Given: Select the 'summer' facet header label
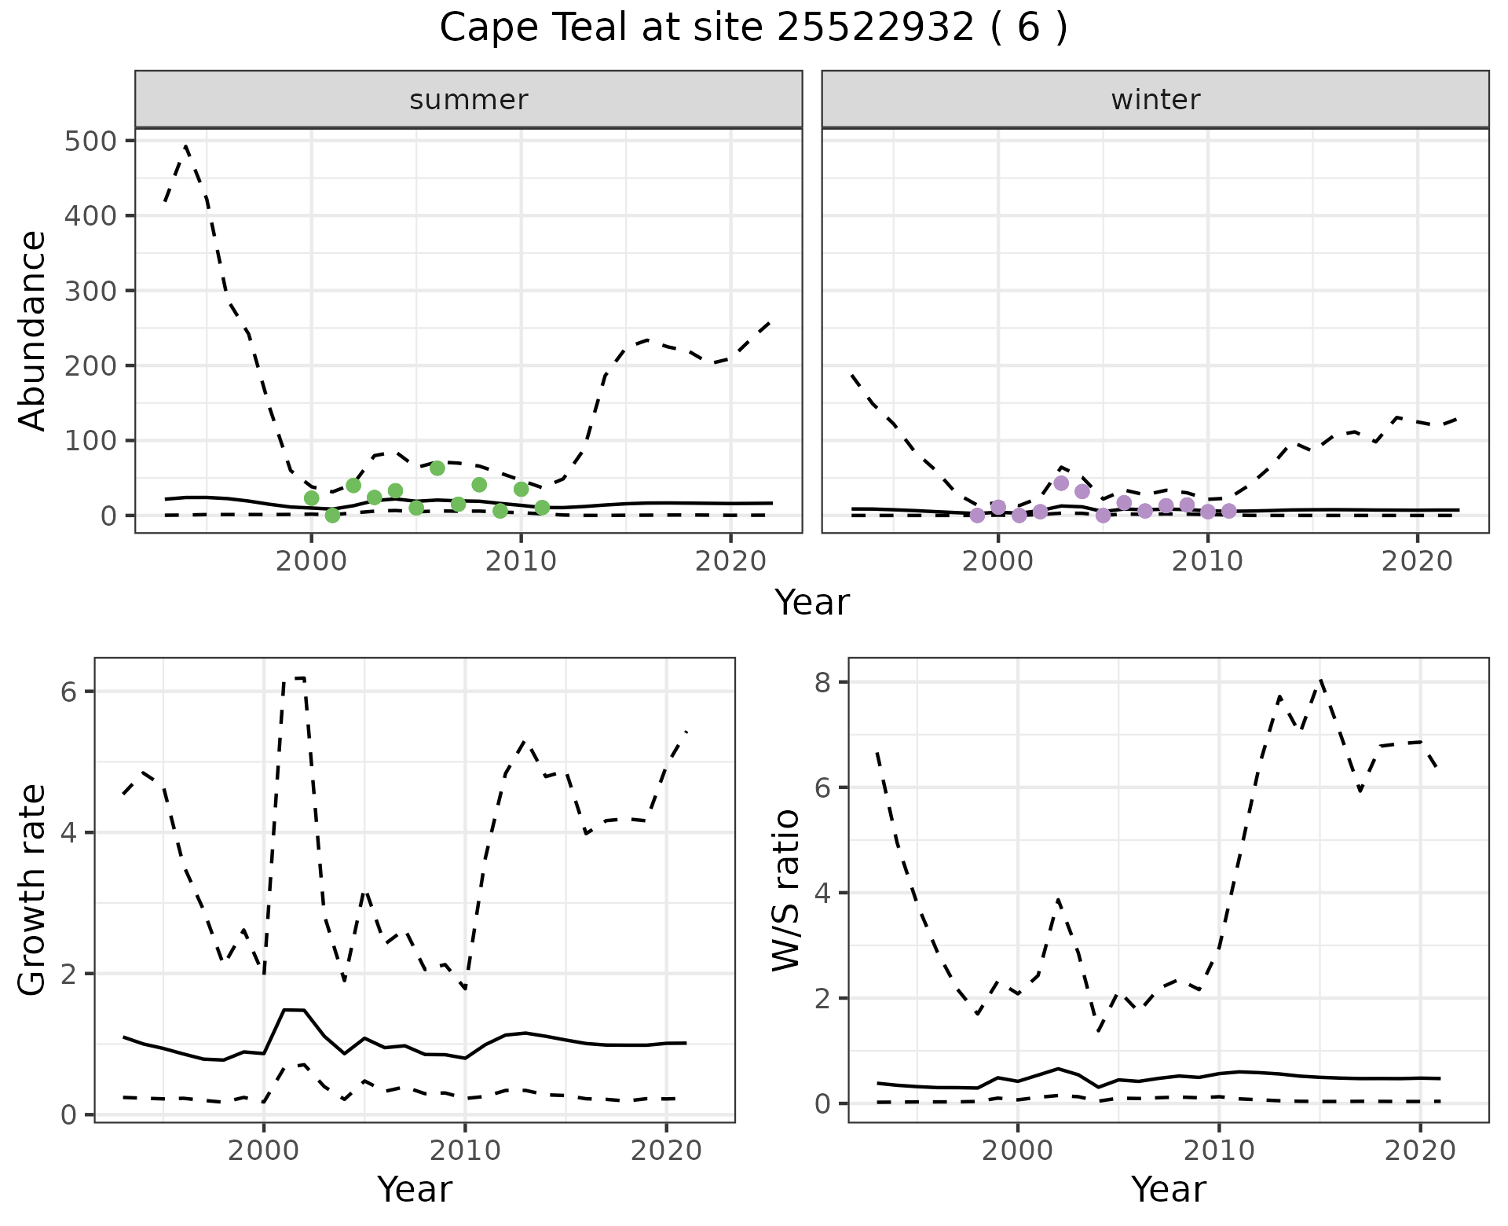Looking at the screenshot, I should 469,100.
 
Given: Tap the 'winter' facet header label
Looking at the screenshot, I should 1155,100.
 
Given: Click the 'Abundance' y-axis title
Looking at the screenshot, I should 33,330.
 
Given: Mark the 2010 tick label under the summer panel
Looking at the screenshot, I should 521,562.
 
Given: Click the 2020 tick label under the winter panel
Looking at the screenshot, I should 1418,562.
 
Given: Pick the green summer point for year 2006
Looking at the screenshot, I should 437,468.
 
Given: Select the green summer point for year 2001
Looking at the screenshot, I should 332,516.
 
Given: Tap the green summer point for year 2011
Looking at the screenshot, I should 542,508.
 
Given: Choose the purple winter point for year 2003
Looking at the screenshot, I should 1061,483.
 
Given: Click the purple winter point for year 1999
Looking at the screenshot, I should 977,516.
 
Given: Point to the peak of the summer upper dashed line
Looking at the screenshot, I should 185,146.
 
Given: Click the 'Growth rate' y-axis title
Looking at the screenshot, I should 33,890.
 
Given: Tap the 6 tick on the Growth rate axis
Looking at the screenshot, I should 68,692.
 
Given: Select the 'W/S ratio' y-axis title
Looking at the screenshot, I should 786,890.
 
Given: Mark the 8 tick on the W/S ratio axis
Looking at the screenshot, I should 822,682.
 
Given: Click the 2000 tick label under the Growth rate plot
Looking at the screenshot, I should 264,1151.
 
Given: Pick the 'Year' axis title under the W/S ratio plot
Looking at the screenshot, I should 1169,1190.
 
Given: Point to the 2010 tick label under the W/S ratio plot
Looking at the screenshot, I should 1219,1151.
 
